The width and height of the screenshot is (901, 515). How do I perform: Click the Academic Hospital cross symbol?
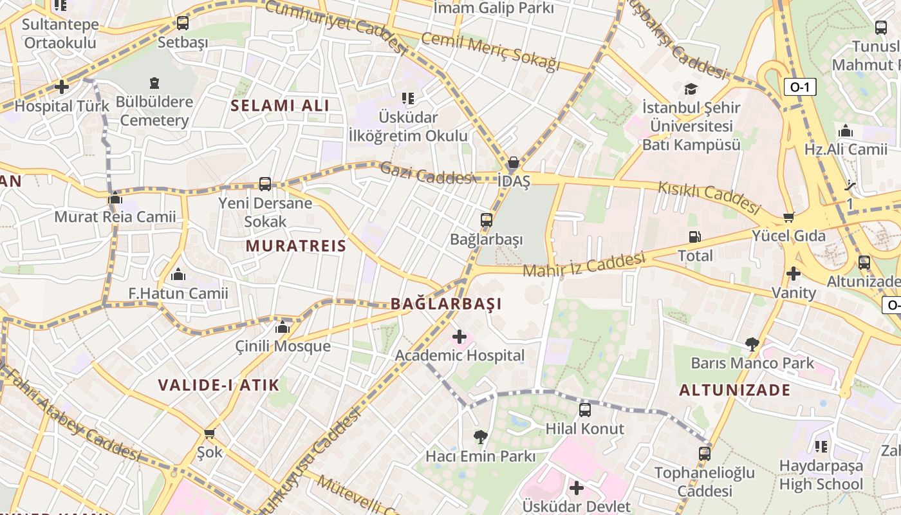click(x=460, y=337)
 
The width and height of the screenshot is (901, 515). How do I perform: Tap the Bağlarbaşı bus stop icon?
click(x=487, y=220)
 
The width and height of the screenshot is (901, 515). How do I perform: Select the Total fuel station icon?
click(x=694, y=237)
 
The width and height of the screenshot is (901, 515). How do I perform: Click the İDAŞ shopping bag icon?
click(x=514, y=162)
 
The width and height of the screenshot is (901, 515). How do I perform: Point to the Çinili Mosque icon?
click(x=283, y=327)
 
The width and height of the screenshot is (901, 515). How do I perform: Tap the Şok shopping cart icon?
click(x=209, y=433)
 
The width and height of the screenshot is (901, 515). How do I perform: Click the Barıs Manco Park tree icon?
click(x=752, y=344)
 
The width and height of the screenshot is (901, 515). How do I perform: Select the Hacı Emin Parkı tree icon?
click(x=480, y=437)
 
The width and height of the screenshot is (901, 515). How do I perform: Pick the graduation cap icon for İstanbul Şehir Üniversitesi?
click(x=691, y=89)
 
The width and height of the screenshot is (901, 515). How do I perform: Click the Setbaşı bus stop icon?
click(x=183, y=24)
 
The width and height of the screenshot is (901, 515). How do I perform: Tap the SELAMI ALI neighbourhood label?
click(x=280, y=106)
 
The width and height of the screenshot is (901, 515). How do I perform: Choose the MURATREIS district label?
click(x=296, y=245)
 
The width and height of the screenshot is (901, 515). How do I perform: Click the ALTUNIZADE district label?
click(x=734, y=390)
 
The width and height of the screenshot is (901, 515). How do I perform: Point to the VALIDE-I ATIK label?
click(x=219, y=386)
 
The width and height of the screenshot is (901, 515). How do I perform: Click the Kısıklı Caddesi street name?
click(x=709, y=197)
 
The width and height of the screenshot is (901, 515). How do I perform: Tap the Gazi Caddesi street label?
click(x=426, y=174)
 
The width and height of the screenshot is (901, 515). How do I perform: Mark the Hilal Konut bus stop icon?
click(x=585, y=409)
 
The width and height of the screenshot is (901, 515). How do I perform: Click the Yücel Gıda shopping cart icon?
click(x=788, y=217)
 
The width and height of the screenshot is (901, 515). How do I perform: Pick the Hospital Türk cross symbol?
click(x=62, y=86)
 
